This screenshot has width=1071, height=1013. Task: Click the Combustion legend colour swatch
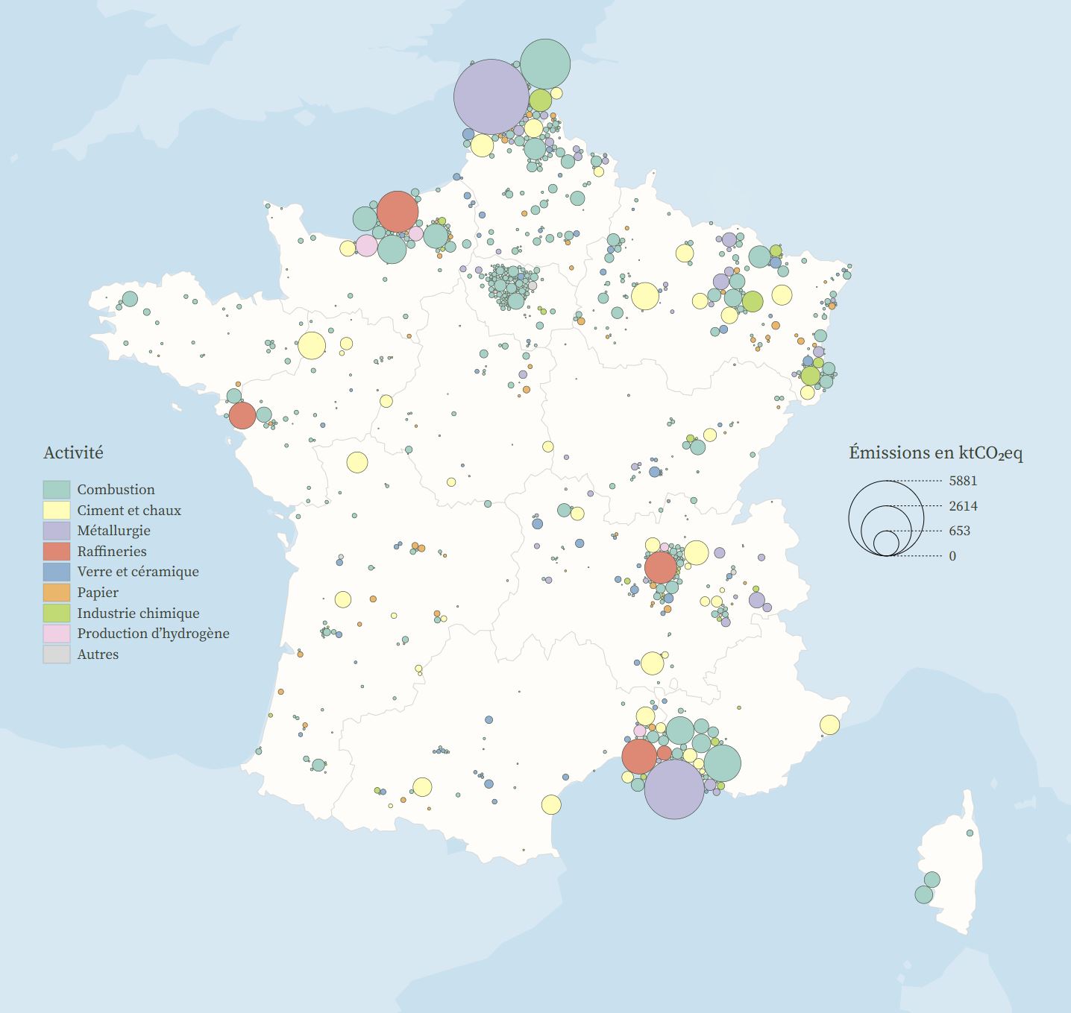click(x=56, y=490)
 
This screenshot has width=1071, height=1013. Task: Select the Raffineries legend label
click(x=112, y=552)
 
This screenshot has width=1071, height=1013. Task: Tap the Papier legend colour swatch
click(x=56, y=593)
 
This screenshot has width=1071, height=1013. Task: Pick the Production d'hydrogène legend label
click(x=153, y=634)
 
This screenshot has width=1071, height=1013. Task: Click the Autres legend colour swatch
click(x=56, y=654)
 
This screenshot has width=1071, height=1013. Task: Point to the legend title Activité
click(x=73, y=452)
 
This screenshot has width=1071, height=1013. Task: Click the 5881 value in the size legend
click(x=963, y=481)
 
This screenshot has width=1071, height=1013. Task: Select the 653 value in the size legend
click(x=959, y=531)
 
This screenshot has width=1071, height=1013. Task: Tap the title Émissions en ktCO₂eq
click(x=935, y=452)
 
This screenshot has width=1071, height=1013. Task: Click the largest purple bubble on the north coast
click(x=491, y=97)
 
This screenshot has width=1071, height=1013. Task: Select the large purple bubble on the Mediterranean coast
click(x=674, y=789)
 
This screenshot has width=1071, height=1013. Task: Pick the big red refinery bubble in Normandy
click(x=398, y=212)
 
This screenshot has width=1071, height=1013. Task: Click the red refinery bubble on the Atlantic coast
click(x=242, y=415)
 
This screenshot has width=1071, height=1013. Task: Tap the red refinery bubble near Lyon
click(x=660, y=567)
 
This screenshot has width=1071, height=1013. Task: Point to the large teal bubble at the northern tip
click(x=545, y=64)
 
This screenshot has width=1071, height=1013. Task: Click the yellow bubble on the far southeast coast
click(x=829, y=725)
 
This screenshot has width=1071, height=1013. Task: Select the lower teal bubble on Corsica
click(x=923, y=894)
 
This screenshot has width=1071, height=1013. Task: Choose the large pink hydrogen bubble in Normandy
click(x=366, y=245)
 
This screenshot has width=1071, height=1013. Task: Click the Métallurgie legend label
click(x=113, y=531)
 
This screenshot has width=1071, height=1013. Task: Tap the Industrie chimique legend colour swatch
click(x=56, y=613)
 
